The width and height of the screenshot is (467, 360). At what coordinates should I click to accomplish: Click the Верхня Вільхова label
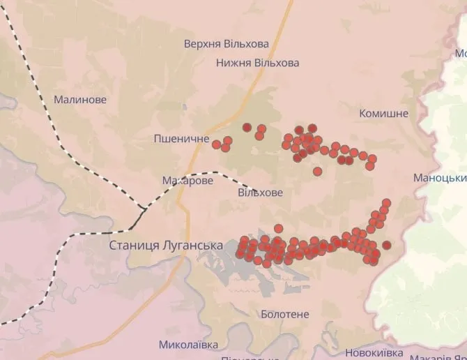[226, 44]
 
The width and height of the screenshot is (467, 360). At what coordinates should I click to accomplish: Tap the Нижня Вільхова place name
[257, 63]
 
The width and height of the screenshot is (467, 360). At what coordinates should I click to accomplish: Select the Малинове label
[80, 100]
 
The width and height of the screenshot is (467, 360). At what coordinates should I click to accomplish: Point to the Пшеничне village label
[181, 140]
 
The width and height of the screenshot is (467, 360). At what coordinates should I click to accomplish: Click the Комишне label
[383, 114]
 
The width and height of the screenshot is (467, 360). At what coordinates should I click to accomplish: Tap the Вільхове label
[260, 193]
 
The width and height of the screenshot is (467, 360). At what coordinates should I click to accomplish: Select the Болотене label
[284, 314]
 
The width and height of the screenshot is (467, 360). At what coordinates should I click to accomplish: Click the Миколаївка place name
[188, 345]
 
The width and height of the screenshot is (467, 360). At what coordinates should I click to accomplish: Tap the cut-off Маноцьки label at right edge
[440, 178]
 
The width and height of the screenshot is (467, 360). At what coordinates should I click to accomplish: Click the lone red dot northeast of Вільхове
[317, 172]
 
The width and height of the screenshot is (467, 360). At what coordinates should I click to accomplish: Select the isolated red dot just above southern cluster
[279, 228]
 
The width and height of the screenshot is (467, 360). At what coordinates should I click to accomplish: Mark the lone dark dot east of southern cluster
[386, 245]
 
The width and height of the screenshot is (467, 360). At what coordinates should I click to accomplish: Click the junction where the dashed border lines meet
[143, 207]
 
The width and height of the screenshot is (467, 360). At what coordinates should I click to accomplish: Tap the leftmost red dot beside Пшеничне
[216, 144]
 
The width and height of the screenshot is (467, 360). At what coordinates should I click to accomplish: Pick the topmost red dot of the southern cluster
[386, 203]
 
